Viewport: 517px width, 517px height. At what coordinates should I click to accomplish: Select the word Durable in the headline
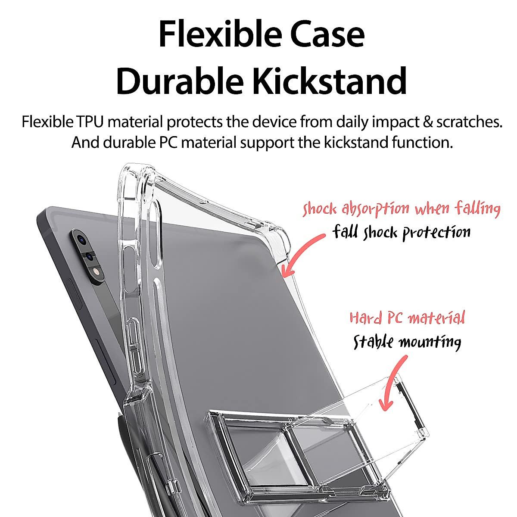(179, 81)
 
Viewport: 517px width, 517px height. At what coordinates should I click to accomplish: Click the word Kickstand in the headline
(330, 81)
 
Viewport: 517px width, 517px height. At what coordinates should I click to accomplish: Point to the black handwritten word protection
(436, 233)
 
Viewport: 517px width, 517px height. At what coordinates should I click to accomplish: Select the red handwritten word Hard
(365, 318)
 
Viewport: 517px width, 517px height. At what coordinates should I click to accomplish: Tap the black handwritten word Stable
(373, 343)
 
